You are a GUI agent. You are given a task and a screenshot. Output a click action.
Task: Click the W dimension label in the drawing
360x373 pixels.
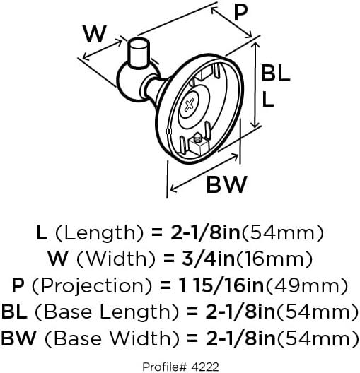click(95, 34)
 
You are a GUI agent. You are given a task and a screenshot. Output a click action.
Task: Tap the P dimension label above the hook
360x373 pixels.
click(240, 13)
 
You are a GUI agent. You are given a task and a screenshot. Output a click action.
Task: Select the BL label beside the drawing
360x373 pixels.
click(275, 73)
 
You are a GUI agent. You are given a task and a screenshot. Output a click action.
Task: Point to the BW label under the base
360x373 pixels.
click(226, 184)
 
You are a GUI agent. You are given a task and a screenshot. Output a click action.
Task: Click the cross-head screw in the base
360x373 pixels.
click(190, 105)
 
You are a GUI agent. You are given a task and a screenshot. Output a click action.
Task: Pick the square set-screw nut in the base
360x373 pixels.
click(198, 145)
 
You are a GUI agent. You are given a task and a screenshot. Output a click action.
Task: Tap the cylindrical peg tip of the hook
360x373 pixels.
click(139, 52)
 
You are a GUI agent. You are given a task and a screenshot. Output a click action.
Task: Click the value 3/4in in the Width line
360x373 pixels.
click(208, 259)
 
